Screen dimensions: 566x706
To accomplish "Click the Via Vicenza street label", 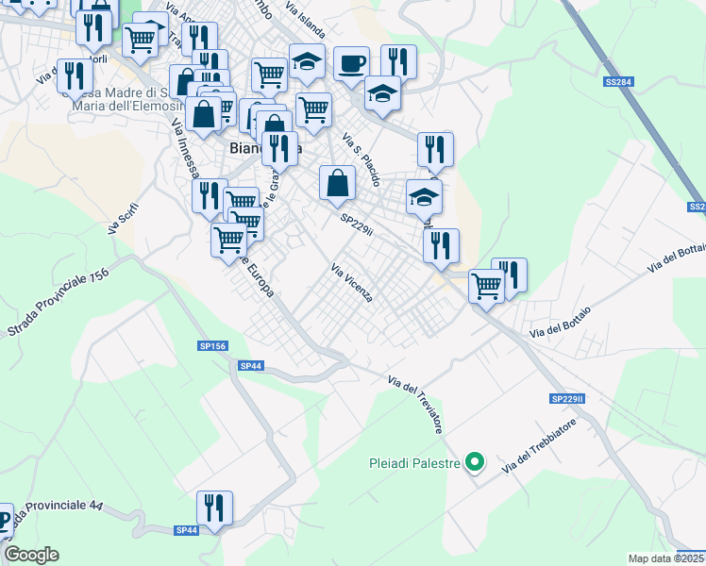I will [x=351, y=283].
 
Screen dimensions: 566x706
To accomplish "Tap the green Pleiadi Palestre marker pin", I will [x=476, y=462].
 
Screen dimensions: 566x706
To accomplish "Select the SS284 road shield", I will [x=618, y=83].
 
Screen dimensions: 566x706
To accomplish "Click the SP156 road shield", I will [x=213, y=346].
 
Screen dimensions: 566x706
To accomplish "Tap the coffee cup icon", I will [x=352, y=64].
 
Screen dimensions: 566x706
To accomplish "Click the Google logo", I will [x=31, y=555].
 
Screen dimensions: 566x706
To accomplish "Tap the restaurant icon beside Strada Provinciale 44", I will [x=214, y=508].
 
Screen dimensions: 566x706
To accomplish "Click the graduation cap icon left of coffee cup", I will [x=307, y=62].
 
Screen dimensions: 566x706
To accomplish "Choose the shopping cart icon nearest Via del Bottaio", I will [x=487, y=284].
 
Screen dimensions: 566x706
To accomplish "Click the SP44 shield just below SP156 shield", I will [x=249, y=365].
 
